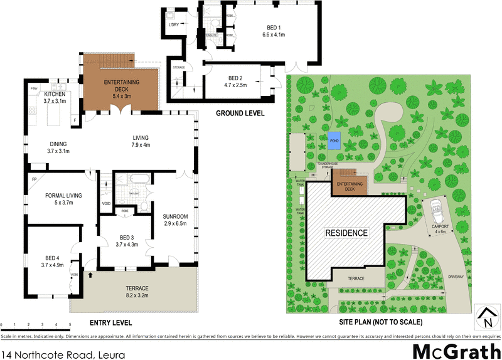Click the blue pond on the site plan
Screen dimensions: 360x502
[x=334, y=139]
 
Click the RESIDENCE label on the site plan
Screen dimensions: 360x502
[x=346, y=233]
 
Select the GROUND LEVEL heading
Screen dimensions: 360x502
[x=240, y=114]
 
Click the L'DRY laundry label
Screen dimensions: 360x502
[x=174, y=26]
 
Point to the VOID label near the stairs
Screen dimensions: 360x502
[x=106, y=203]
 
